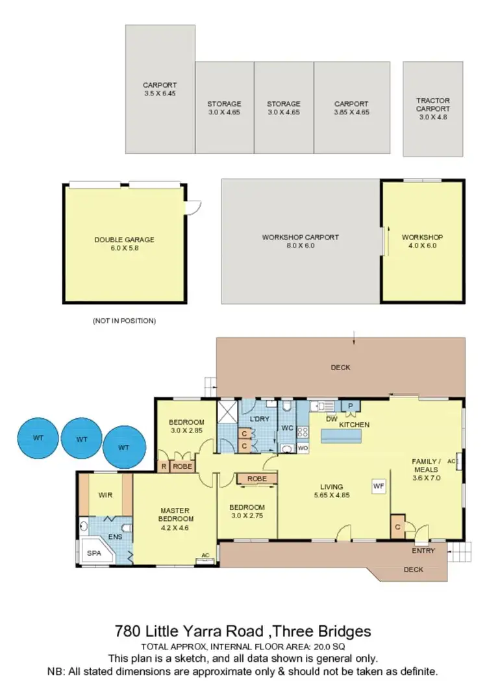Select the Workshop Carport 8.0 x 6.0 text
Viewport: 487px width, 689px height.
[300, 242]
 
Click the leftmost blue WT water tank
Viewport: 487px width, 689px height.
[38, 438]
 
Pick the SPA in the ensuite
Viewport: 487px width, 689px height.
[94, 554]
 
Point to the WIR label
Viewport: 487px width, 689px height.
[105, 495]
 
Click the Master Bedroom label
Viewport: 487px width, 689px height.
[176, 518]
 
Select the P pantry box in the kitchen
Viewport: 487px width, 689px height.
[351, 406]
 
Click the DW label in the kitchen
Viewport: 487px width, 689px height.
[331, 420]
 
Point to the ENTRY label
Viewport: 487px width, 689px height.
[423, 551]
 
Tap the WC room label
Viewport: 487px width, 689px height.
[287, 429]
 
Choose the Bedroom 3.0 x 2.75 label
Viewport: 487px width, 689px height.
[247, 511]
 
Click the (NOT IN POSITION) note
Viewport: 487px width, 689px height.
[124, 321]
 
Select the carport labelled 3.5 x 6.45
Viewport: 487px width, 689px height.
[160, 89]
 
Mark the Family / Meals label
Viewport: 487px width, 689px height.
[427, 469]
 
